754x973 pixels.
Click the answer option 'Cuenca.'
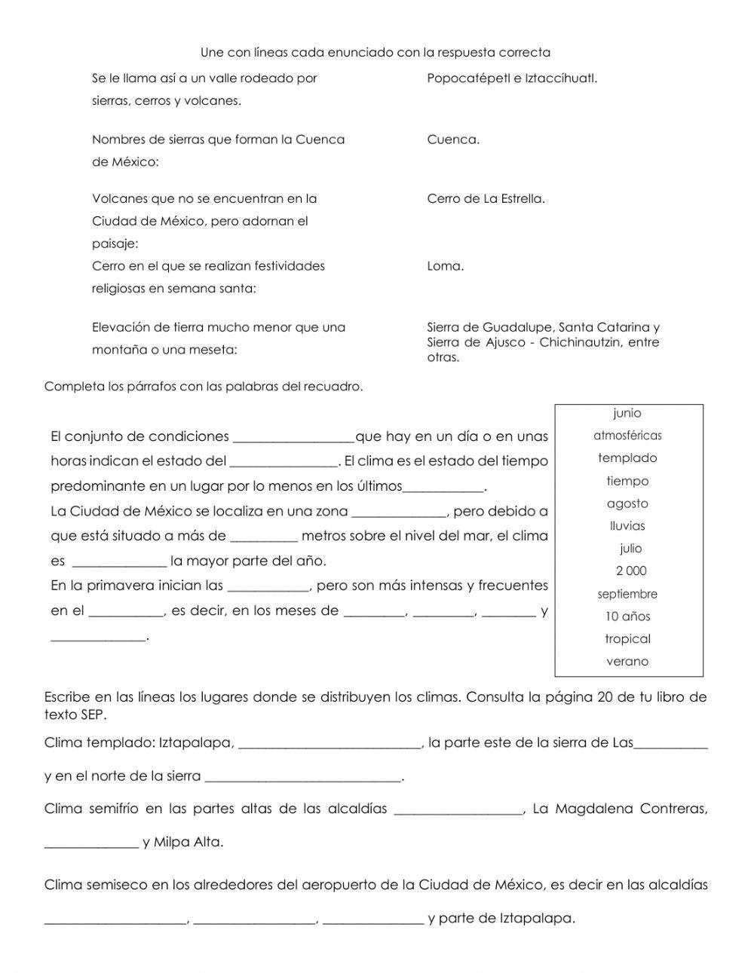(x=452, y=139)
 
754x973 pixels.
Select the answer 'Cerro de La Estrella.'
(x=486, y=199)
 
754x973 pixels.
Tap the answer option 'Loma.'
(x=445, y=266)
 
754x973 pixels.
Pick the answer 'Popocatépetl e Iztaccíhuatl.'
(x=512, y=78)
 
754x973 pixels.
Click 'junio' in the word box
(x=627, y=413)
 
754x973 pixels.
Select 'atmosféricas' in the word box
(x=627, y=436)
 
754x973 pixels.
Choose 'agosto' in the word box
(x=627, y=503)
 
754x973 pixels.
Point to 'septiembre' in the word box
(x=627, y=594)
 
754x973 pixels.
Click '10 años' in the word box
(x=627, y=617)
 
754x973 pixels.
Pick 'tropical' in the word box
(x=627, y=639)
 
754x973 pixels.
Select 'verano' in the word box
(x=627, y=662)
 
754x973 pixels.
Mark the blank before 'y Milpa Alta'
(x=91, y=844)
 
